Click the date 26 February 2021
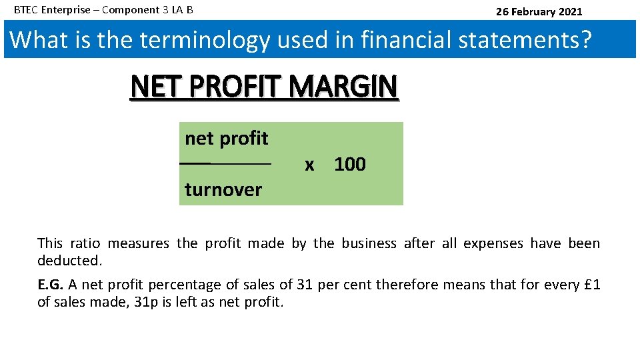pos(539,11)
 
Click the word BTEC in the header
pos(26,10)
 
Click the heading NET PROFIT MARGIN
pos(265,87)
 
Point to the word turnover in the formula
pos(223,190)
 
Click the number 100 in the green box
pos(350,164)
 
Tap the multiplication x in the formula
pos(309,165)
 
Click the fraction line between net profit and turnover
pos(225,163)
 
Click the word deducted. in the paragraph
pos(69,260)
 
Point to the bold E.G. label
pos(51,285)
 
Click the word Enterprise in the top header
pos(65,10)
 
